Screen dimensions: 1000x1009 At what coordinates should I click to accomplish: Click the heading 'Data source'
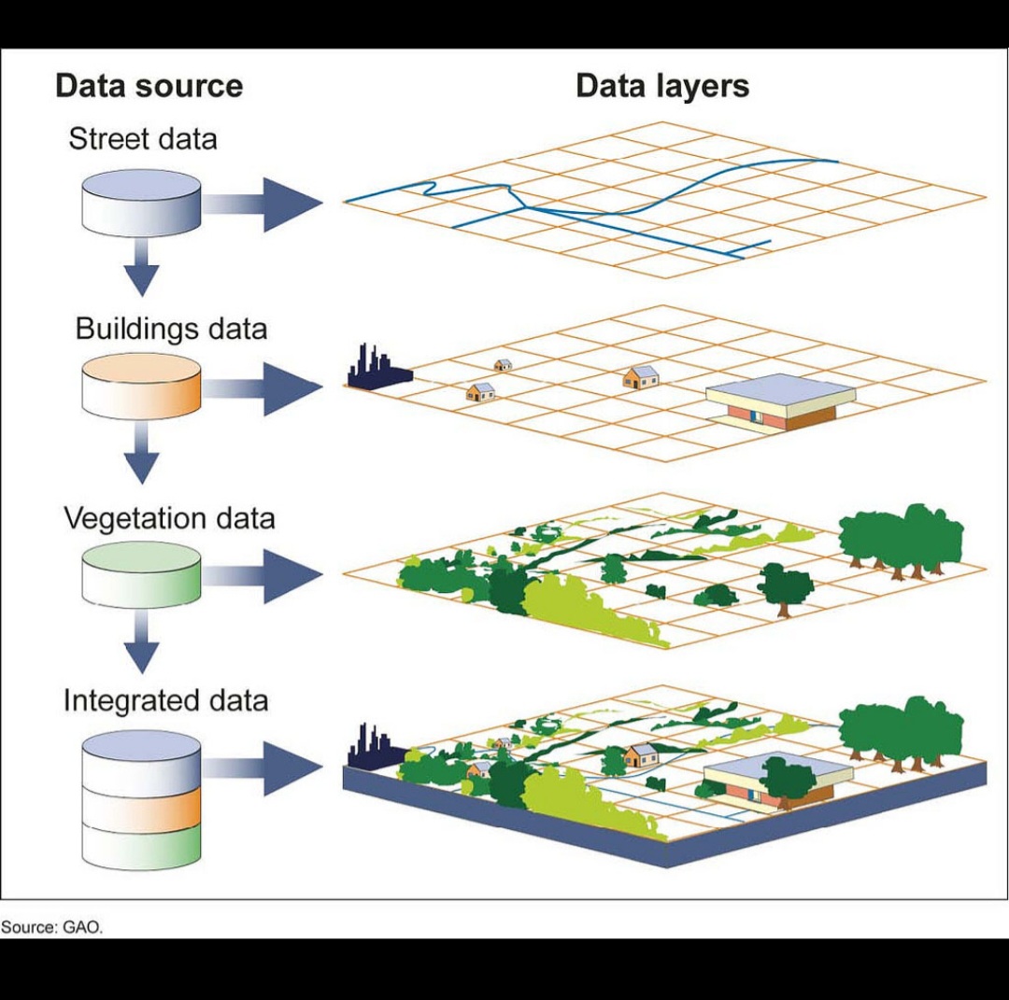tap(149, 86)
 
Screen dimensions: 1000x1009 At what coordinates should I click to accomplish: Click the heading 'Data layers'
tap(661, 86)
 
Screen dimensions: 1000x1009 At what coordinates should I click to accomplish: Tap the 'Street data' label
tap(142, 139)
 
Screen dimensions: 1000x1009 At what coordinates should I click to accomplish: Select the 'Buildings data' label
tap(171, 329)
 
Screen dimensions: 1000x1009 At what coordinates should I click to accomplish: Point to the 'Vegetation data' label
tap(169, 518)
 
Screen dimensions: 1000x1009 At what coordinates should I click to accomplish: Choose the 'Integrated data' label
tap(165, 700)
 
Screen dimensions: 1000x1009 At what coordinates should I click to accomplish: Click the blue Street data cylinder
tap(141, 202)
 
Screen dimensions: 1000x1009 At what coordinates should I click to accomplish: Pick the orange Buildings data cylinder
tap(141, 386)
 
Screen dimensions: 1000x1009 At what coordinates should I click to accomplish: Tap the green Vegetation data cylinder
tap(141, 573)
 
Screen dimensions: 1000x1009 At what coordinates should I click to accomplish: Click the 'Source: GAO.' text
tap(51, 927)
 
